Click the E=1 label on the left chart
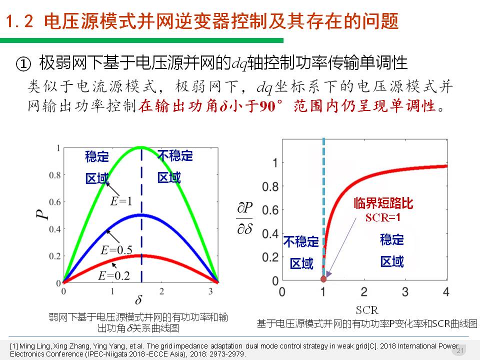pos(121,201)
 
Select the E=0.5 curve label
pos(116,250)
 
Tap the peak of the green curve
pos(140,147)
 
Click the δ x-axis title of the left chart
pos(138,300)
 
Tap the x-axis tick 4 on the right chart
pos(446,291)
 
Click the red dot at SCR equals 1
pos(323,278)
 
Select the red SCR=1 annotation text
pos(383,217)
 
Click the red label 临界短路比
pos(383,203)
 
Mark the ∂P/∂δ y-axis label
pos(244,219)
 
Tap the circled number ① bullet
pos(24,63)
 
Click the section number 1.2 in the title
pos(21,21)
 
